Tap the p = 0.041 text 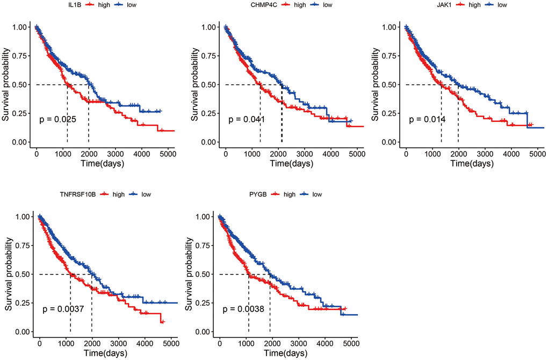(x=247, y=119)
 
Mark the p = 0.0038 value (x=243, y=309)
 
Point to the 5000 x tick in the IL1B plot (x=167, y=154)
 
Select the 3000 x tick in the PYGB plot (x=298, y=343)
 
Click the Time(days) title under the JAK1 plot (x=471, y=164)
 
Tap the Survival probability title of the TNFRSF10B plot (x=9, y=274)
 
